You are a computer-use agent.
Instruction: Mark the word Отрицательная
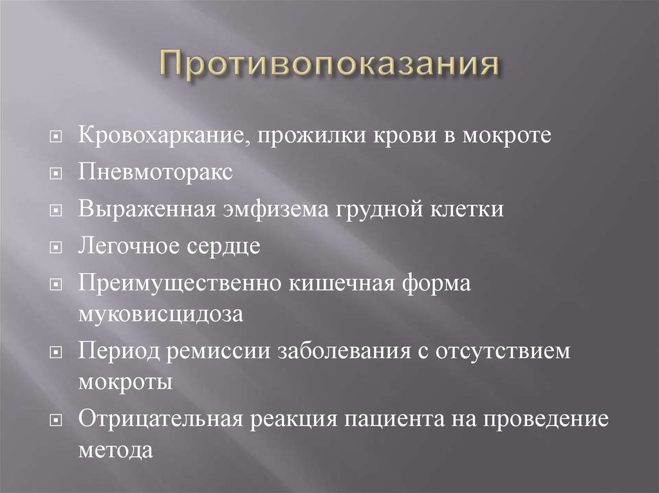click(x=161, y=420)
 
